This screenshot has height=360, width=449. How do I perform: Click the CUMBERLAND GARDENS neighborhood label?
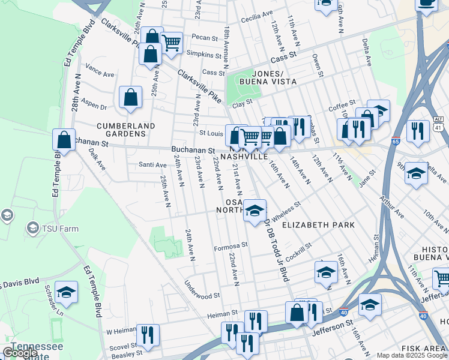click(x=126, y=130)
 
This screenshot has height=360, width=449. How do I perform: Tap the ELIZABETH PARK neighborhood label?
click(x=318, y=225)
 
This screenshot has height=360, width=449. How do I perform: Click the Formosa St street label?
click(x=231, y=246)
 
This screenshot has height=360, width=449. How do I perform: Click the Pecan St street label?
click(x=204, y=37)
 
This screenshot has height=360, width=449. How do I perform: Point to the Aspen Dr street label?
click(x=94, y=103)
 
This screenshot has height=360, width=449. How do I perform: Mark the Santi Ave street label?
click(x=152, y=165)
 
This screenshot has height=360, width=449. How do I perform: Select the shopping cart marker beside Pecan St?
click(x=172, y=43)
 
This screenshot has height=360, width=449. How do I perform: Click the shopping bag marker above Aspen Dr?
click(x=130, y=97)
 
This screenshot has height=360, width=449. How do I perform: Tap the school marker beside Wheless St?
click(x=255, y=210)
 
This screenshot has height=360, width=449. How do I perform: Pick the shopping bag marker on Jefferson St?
click(x=297, y=312)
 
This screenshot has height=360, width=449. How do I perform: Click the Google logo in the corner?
click(x=20, y=353)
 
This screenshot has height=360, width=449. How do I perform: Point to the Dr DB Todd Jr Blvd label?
click(x=274, y=249)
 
